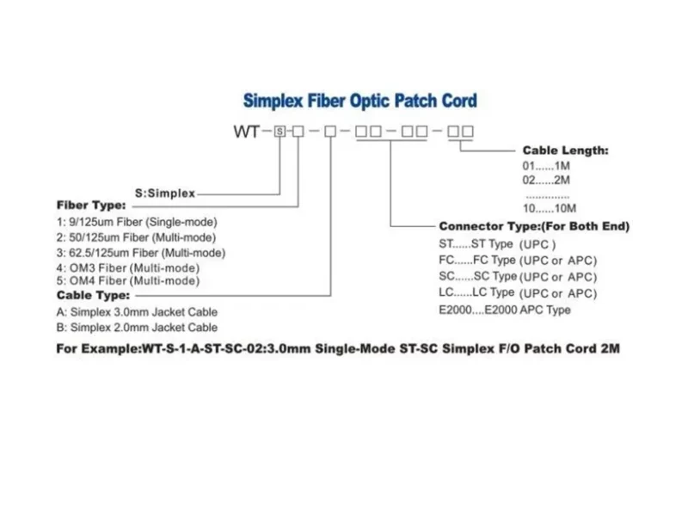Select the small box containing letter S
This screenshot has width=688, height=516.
pyautogui.click(x=279, y=132)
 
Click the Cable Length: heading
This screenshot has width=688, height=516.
pyautogui.click(x=565, y=150)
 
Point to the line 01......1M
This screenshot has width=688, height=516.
pyautogui.click(x=547, y=165)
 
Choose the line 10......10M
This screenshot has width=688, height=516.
pyautogui.click(x=550, y=208)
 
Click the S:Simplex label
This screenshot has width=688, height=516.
pyautogui.click(x=166, y=193)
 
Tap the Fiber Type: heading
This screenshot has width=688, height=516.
pyautogui.click(x=91, y=206)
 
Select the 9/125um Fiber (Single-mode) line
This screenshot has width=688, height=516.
pyautogui.click(x=137, y=222)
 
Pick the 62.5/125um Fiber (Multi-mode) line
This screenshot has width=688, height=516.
pyautogui.click(x=140, y=253)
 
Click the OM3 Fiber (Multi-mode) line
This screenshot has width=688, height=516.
pyautogui.click(x=127, y=267)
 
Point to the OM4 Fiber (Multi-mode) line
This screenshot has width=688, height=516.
pyautogui.click(x=127, y=281)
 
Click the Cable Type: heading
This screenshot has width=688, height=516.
pyautogui.click(x=93, y=295)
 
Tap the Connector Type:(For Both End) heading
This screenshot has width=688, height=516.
pyautogui.click(x=534, y=226)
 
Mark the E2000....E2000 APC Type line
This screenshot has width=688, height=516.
pyautogui.click(x=504, y=310)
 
